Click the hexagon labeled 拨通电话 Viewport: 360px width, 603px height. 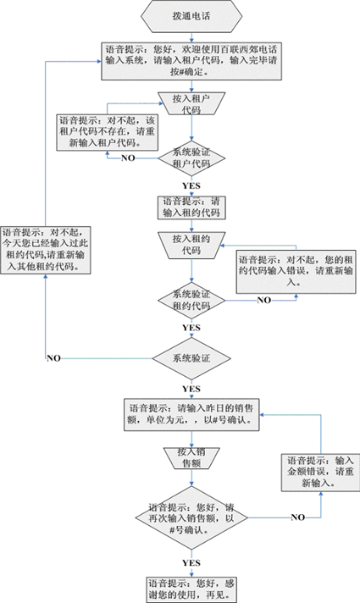191,16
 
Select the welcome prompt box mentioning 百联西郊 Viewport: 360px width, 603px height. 191,61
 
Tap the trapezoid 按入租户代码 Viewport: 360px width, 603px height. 191,103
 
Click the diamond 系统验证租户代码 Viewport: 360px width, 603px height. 191,158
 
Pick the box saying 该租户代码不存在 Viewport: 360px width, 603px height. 108,132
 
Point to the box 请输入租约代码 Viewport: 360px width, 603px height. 191,207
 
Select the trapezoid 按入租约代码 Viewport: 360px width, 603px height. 191,245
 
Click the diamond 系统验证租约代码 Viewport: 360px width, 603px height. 191,301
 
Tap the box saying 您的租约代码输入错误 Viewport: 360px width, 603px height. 296,271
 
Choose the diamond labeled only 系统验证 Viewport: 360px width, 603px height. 191,358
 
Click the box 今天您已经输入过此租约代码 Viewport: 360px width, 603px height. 46,250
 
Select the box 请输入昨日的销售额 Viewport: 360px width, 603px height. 191,415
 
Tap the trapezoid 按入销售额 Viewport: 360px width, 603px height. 191,458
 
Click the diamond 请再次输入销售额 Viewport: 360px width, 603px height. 191,517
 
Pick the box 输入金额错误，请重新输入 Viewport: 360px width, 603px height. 320,472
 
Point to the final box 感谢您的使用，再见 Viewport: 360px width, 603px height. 191,589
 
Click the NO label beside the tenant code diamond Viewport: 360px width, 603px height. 128,158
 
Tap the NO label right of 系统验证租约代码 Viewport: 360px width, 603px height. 263,300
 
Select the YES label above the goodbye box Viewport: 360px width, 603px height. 191,563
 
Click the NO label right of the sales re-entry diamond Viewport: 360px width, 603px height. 298,517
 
